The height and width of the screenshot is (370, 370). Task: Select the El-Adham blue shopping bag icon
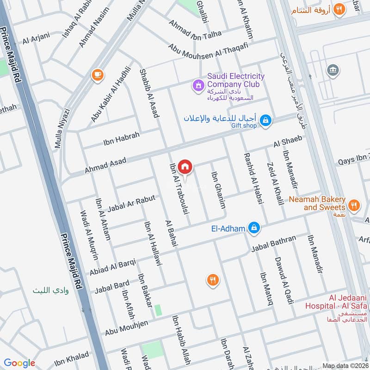click(254, 228)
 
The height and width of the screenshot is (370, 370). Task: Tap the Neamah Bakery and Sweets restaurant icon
click(354, 205)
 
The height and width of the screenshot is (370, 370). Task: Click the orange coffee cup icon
click(97, 74)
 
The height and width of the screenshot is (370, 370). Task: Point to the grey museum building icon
click(332, 71)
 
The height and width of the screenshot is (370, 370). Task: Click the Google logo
click(19, 363)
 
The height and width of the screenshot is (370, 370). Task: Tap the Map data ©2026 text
click(345, 365)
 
